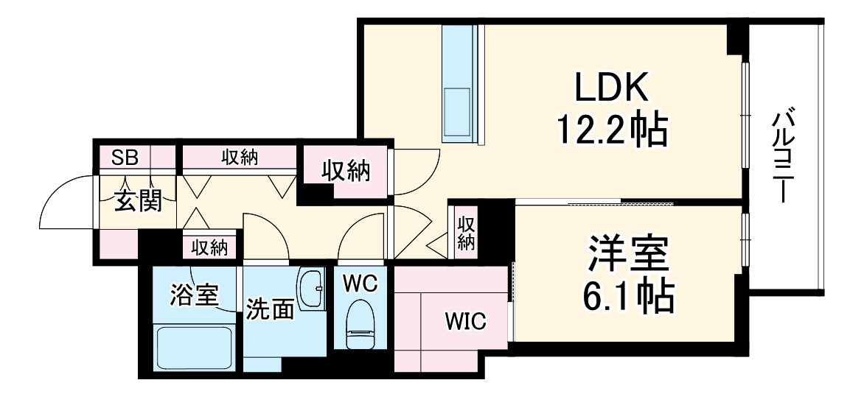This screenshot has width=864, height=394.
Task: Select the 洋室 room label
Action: tap(627, 255)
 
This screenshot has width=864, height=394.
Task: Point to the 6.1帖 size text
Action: tap(627, 296)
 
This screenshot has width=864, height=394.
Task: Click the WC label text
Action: tap(360, 282)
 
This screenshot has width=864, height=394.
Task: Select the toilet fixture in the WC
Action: tap(360, 324)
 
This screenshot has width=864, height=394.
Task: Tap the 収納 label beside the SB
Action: tap(239, 157)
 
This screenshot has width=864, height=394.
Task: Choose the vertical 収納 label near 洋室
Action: tap(467, 233)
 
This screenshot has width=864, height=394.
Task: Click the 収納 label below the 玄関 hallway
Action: tap(209, 247)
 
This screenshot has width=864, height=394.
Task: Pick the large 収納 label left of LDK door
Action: tap(345, 172)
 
